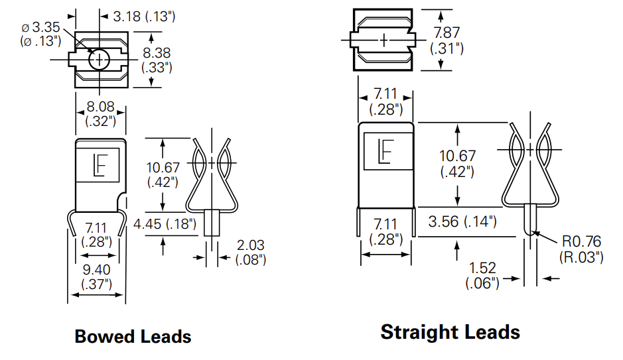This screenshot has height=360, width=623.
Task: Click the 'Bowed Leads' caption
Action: [x=133, y=336]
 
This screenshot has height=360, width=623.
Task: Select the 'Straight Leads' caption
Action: [x=450, y=331]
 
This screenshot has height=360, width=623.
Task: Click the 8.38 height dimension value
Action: [x=157, y=52]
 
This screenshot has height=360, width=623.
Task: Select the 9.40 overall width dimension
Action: [x=96, y=270]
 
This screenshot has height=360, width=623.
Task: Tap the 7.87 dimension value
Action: [x=447, y=32]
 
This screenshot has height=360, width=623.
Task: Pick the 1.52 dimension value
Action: [x=482, y=269]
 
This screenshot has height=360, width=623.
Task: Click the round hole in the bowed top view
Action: [x=100, y=60]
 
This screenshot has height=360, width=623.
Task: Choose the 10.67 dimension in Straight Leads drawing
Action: [x=457, y=156]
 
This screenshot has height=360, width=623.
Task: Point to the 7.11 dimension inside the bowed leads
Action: [x=96, y=229]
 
